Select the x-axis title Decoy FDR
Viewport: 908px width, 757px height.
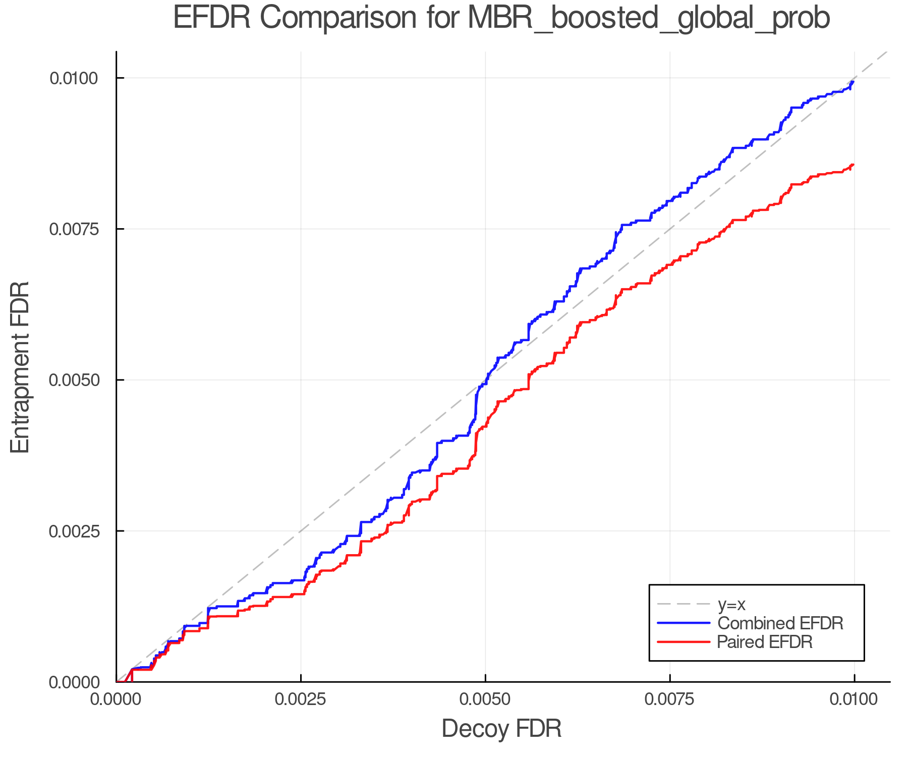point(501,729)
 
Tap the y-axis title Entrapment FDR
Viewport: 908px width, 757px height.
point(21,367)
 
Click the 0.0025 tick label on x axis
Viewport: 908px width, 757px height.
point(301,699)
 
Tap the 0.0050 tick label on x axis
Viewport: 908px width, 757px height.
point(485,699)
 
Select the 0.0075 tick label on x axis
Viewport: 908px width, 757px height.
point(670,699)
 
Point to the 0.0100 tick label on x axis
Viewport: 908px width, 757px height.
point(854,699)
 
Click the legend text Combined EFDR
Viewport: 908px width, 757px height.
point(780,623)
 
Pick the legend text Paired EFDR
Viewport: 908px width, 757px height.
point(765,642)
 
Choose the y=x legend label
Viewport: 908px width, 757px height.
point(731,604)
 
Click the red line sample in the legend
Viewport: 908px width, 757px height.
point(684,642)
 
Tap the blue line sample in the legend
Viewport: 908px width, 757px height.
point(684,623)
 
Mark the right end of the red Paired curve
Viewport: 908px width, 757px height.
point(853,165)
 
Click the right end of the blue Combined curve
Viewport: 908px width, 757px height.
point(853,81)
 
